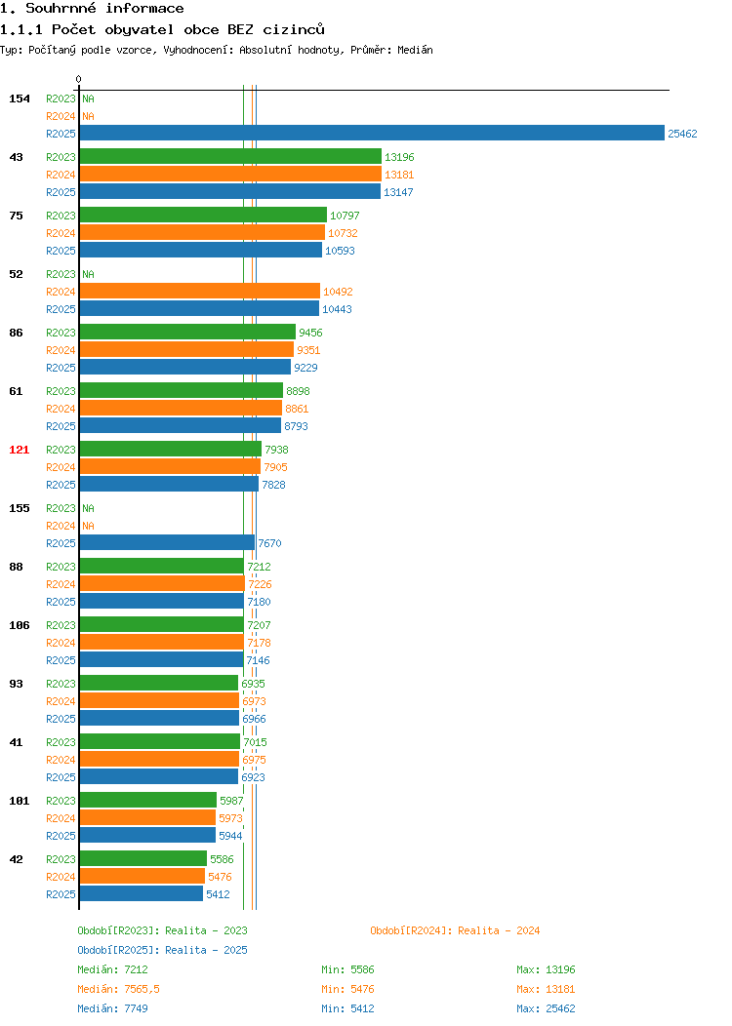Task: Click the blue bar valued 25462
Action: [x=372, y=133]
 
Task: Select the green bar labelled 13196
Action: [x=230, y=156]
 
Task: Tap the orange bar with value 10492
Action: [x=200, y=292]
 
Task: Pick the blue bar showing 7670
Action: [x=167, y=542]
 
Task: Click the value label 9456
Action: [x=310, y=333]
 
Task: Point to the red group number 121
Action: [x=19, y=450]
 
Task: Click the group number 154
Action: [x=19, y=99]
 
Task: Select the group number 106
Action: [x=19, y=625]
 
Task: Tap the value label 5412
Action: [x=218, y=894]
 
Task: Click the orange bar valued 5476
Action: [x=142, y=876]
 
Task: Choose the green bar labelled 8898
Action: [x=182, y=391]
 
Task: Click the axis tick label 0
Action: [x=79, y=79]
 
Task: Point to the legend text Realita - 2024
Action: [x=499, y=930]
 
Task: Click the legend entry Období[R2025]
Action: [x=119, y=950]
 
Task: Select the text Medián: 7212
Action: [x=112, y=969]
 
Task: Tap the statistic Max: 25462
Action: [x=546, y=1009]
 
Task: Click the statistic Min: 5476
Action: [x=347, y=989]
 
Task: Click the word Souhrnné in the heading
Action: [x=61, y=9]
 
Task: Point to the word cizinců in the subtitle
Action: [x=294, y=29]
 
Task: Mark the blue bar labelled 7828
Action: [x=169, y=484]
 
